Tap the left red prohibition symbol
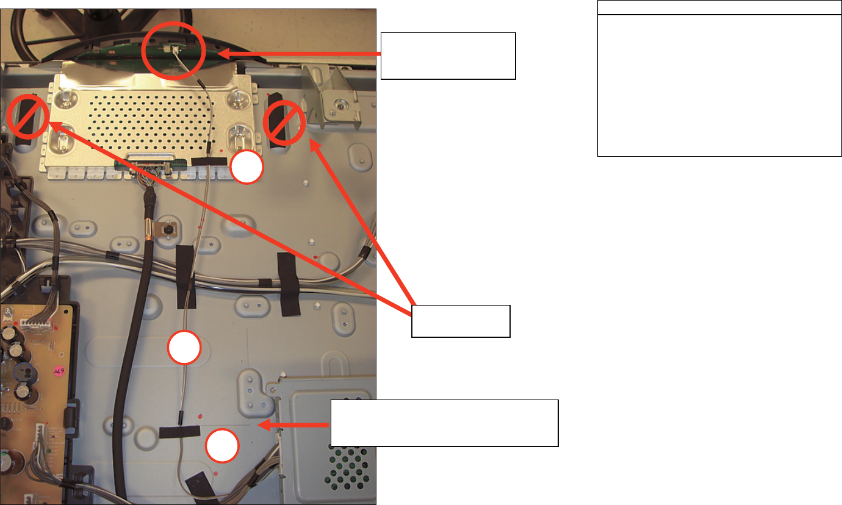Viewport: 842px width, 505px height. point(28,116)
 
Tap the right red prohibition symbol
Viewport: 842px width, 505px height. point(284,123)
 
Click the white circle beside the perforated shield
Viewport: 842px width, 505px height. point(248,167)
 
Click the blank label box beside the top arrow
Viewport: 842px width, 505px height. point(448,56)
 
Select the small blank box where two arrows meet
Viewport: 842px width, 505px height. point(461,321)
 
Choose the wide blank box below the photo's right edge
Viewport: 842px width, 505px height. point(444,423)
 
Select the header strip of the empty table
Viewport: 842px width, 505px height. point(719,9)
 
